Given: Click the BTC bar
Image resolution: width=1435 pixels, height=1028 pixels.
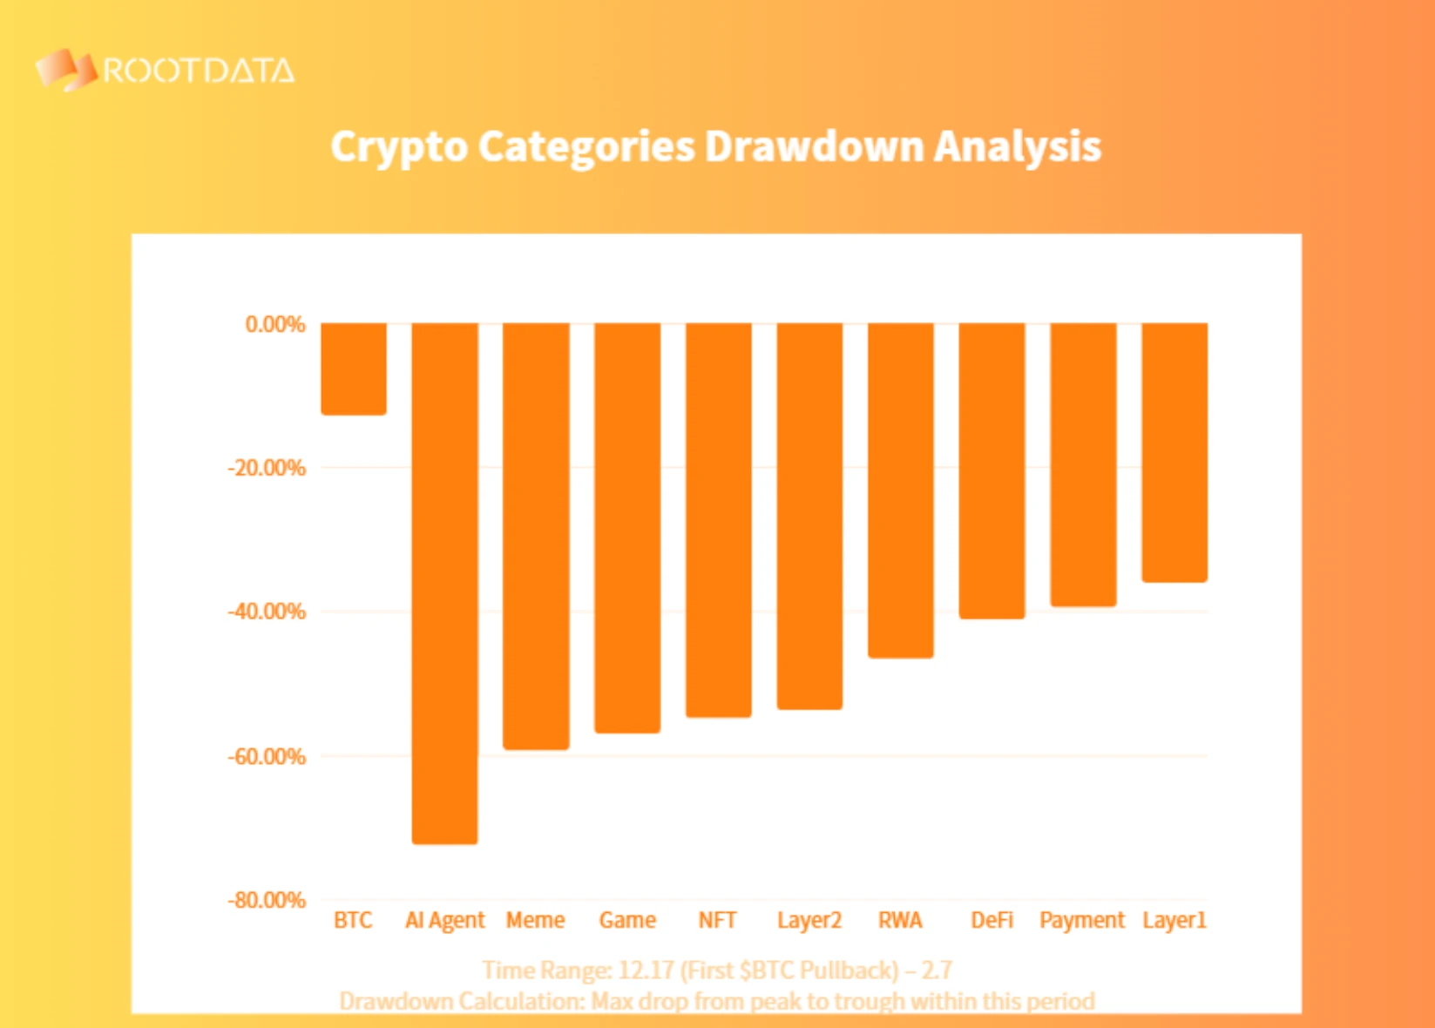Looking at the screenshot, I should (353, 369).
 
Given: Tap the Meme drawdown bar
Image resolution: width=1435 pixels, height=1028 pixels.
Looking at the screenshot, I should (536, 535).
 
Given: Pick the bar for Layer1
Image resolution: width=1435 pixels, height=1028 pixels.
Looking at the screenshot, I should (1174, 451).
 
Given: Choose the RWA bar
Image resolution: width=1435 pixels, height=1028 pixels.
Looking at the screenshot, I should (901, 490).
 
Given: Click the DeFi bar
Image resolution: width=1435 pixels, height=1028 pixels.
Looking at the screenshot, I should (992, 470).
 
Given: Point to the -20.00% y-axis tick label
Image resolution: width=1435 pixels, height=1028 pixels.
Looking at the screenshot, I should (267, 468).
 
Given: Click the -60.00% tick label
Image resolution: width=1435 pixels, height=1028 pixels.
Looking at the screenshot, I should (267, 756).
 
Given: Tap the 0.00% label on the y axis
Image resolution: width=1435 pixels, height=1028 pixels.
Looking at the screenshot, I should (275, 325).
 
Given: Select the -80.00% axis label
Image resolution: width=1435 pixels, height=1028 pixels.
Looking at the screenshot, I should (267, 900).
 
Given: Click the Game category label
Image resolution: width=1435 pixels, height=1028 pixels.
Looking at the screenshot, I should (627, 920).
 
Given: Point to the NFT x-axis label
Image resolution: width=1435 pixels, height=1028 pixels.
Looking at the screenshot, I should (718, 920).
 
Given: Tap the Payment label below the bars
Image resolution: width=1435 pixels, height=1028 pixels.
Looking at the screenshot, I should (1082, 920).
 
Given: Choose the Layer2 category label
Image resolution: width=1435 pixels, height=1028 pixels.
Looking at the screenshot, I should (809, 920).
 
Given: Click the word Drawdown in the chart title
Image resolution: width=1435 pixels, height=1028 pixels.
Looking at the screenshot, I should (814, 146).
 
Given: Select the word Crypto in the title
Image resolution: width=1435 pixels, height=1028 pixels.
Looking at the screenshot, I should (399, 147).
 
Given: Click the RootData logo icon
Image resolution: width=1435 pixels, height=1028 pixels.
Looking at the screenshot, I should (64, 70).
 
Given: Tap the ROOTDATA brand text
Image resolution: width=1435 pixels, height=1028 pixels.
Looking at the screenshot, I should (199, 71).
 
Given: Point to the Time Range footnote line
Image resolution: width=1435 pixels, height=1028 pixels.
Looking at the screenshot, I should (717, 970).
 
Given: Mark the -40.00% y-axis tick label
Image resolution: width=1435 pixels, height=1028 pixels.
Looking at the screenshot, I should (267, 612).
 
